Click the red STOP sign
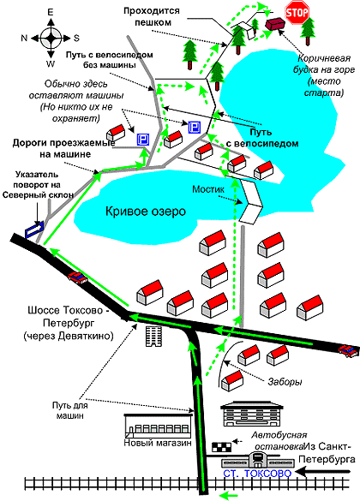tap(297, 13)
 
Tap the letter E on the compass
tap(51, 12)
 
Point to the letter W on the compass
tap(51, 63)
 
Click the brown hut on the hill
tap(275, 24)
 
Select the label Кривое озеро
tap(146, 212)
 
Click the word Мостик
tap(208, 189)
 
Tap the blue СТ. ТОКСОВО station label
tap(257, 474)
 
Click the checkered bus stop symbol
tap(222, 447)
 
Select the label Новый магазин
tap(158, 443)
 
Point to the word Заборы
tap(285, 381)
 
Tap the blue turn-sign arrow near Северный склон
tap(33, 230)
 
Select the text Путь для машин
tap(69, 410)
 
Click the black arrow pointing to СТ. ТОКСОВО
tap(323, 472)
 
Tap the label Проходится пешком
tap(152, 16)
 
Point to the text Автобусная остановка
tap(279, 440)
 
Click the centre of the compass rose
tap(51, 38)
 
